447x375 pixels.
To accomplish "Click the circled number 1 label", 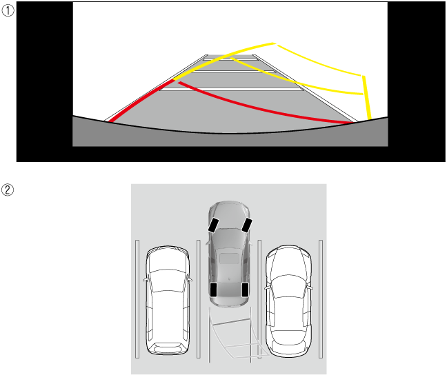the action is (8, 11).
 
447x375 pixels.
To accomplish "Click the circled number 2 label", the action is (8, 190).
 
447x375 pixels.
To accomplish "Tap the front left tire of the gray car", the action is (213, 225).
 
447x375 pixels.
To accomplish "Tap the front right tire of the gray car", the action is (247, 225).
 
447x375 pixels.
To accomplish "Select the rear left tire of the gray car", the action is (213, 290).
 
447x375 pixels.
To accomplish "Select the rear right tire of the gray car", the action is (245, 290).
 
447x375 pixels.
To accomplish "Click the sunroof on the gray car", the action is (229, 258).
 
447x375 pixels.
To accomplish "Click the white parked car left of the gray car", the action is (168, 301).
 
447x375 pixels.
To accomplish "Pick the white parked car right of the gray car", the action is (288, 301).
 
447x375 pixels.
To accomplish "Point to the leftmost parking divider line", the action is (137, 299).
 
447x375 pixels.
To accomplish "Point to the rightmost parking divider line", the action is (321, 299).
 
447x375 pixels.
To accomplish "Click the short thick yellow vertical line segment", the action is (366, 97).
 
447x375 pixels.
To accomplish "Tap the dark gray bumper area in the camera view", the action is (230, 139).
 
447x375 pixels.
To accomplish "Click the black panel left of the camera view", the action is (44, 81).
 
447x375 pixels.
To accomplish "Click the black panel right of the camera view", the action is (417, 81).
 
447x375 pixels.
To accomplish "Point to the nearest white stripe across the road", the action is (232, 90).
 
